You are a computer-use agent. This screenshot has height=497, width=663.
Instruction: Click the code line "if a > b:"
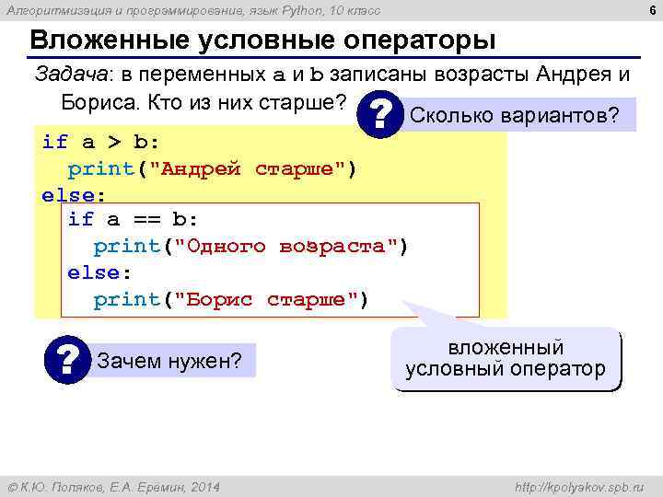pos(101,143)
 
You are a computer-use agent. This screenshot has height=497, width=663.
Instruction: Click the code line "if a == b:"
pos(133,220)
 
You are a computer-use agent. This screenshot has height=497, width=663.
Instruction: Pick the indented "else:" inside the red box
pos(99,273)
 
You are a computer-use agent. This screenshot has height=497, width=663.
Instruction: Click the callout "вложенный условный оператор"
pos(505,359)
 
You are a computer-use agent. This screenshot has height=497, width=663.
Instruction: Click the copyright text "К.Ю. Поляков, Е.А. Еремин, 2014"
pos(117,486)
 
